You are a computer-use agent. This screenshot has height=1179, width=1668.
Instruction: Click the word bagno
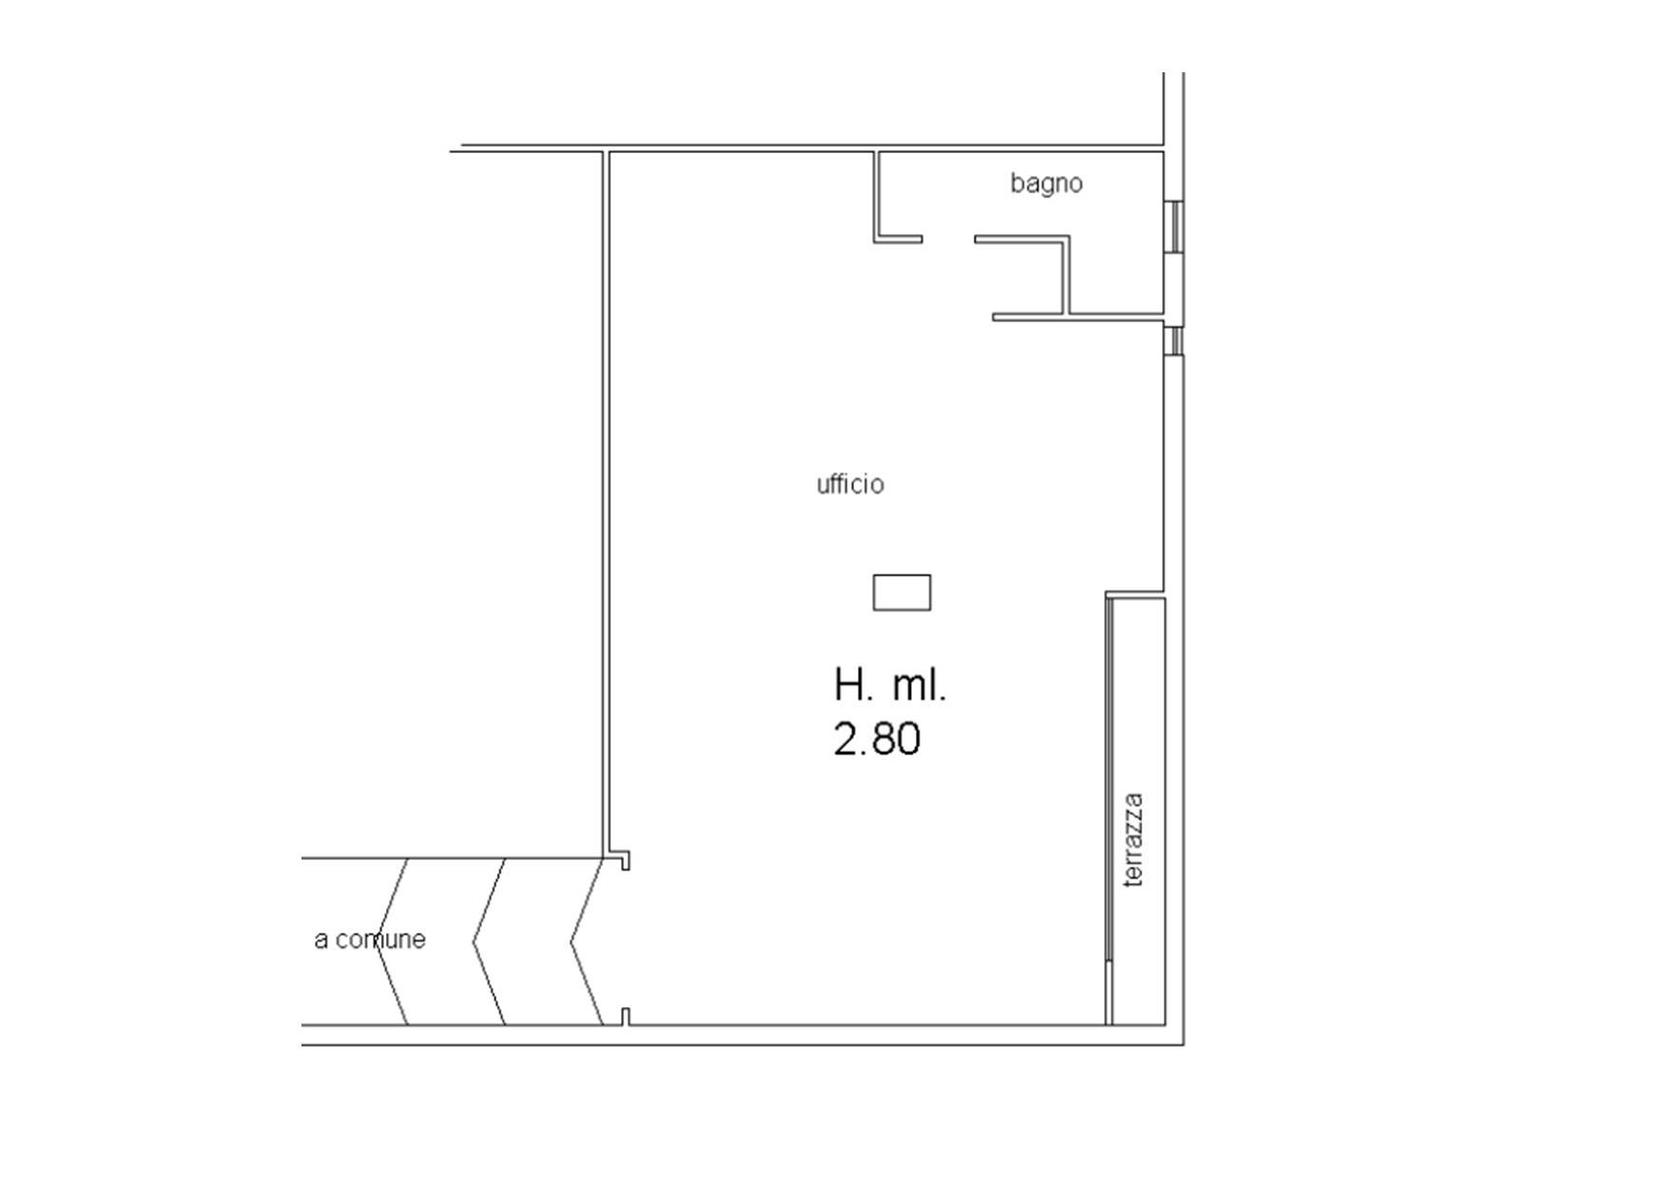[1046, 184]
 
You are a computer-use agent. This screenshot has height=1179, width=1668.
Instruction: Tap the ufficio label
[850, 484]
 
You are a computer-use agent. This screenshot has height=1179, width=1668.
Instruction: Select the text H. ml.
[890, 685]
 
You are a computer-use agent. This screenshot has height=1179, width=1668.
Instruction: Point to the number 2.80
[877, 740]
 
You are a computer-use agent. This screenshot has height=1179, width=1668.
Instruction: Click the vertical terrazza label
[1133, 841]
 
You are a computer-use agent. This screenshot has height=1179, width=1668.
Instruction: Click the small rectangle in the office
[902, 592]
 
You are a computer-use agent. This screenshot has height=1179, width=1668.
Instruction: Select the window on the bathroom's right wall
[1175, 226]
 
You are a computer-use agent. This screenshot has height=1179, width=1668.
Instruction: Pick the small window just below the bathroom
[1175, 340]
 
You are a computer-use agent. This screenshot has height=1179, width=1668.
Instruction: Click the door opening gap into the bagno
[948, 239]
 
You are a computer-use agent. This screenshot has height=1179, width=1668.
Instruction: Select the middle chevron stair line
[490, 941]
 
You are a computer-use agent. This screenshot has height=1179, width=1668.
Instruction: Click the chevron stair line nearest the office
[587, 941]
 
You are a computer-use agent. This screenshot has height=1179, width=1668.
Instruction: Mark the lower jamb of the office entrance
[625, 1017]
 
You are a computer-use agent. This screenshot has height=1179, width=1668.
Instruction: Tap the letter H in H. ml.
[847, 685]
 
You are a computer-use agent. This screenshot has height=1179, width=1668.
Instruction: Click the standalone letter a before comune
[321, 940]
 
